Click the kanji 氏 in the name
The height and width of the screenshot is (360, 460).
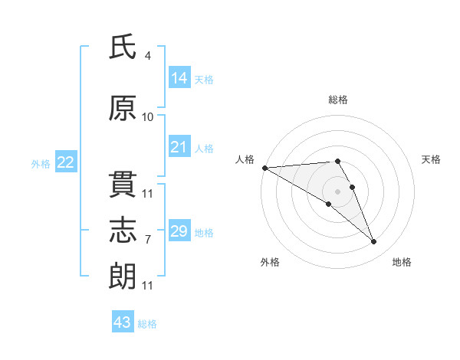pos(123,46)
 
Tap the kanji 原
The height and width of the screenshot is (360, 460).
pos(123,108)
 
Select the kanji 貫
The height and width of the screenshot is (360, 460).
pos(123,185)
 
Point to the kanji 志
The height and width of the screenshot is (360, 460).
pos(123,230)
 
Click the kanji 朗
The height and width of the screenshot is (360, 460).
pos(123,277)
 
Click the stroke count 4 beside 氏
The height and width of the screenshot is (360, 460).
pos(147,56)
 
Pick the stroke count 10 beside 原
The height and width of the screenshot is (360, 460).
pos(147,117)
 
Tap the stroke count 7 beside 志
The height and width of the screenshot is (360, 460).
pos(148,240)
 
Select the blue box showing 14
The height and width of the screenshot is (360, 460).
pos(179,77)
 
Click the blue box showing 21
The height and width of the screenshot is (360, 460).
pos(179,146)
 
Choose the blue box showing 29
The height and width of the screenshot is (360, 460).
pos(179,230)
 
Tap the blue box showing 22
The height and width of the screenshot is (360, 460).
pos(66,162)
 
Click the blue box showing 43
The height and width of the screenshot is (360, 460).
pos(123,321)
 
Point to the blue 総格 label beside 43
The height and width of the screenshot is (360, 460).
pos(147,324)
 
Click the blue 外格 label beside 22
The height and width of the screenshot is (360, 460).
pos(41,164)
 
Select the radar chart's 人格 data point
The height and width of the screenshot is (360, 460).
pos(265,168)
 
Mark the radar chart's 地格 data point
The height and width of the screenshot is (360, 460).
pos(374,242)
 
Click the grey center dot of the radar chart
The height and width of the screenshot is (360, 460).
pos(337,191)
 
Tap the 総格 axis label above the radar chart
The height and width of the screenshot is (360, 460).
pos(338,100)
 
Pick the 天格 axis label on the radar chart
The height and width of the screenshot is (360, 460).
pos(431,159)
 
